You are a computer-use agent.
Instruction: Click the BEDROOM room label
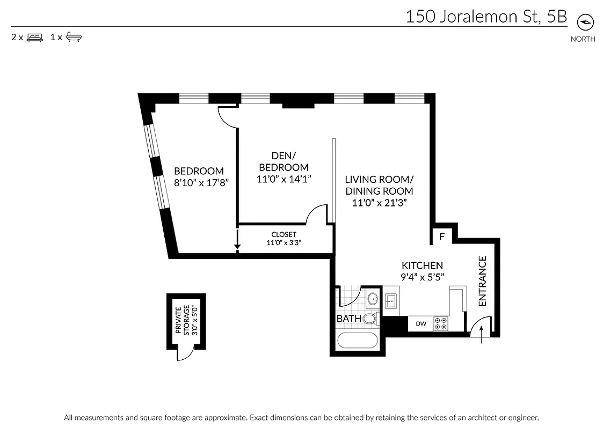[x=199, y=171]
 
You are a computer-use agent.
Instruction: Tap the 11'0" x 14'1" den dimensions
[x=284, y=179]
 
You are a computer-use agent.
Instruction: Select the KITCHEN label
[x=422, y=265]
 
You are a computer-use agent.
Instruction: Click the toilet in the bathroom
[x=369, y=319]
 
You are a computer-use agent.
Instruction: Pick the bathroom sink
[x=372, y=299]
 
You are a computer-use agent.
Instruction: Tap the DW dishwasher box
[x=421, y=324]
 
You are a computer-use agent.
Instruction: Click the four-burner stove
[x=441, y=323]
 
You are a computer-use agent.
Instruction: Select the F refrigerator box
[x=442, y=236]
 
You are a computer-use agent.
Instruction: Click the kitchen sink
[x=390, y=301]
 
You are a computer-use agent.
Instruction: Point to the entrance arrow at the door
[x=481, y=335]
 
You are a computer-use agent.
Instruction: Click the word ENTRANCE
[x=482, y=282]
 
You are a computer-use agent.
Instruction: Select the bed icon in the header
[x=34, y=38]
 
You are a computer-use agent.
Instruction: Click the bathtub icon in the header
[x=74, y=38]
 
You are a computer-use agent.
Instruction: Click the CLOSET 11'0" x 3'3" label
[x=284, y=239]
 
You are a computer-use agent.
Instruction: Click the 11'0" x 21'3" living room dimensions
[x=379, y=203]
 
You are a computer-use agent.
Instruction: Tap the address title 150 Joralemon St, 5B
[x=486, y=17]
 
